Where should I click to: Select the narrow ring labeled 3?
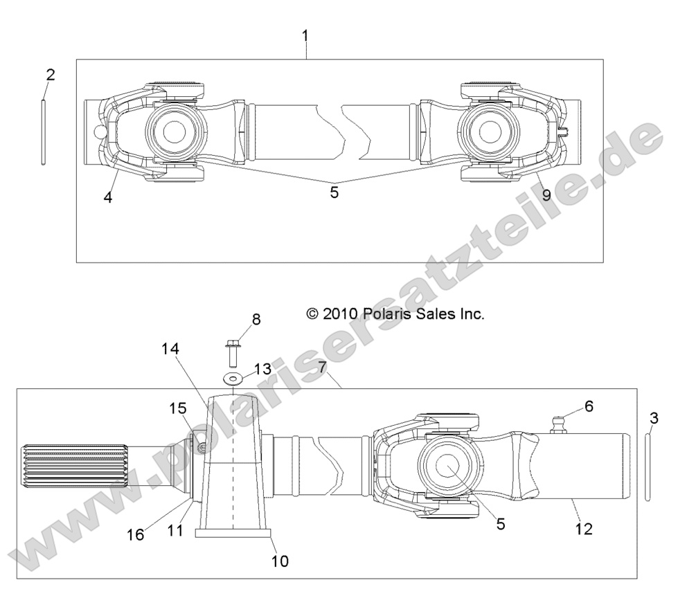point(647,464)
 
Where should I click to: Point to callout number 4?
point(108,197)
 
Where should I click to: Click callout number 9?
point(546,195)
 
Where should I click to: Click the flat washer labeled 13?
point(233,378)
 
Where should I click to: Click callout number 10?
point(280,561)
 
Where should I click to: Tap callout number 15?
point(178,408)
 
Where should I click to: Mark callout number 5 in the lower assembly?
point(500,523)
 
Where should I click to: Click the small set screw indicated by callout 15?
point(199,449)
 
